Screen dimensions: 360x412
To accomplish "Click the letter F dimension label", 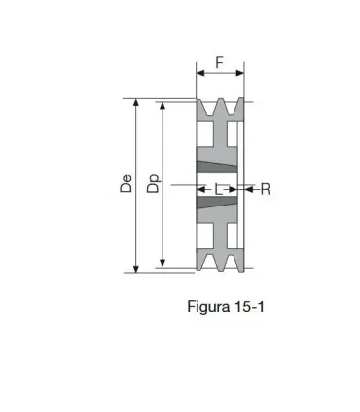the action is click(220, 62).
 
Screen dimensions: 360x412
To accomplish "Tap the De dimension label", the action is click(126, 184).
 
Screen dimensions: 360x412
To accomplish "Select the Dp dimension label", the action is click(154, 184).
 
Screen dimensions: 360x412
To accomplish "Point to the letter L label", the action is click(219, 189).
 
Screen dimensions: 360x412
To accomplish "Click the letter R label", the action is click(266, 189).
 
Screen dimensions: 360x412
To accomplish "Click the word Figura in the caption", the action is click(208, 307).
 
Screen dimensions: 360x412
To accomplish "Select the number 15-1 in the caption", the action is click(248, 306).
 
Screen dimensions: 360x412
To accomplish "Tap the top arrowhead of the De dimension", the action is click(136, 103).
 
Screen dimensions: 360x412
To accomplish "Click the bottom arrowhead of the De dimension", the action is click(136, 269).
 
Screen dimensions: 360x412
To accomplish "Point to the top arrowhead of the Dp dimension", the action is click(163, 106).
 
